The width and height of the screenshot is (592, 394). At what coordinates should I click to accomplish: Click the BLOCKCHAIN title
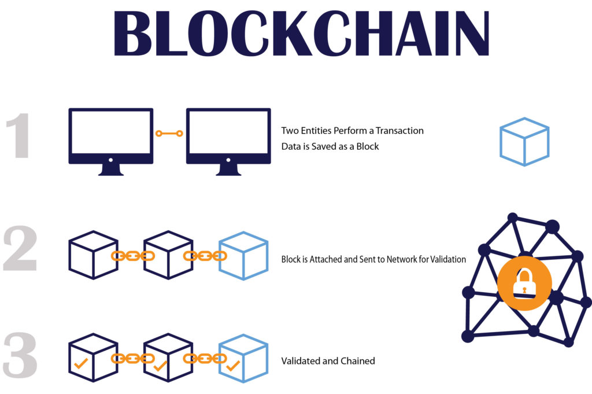301,33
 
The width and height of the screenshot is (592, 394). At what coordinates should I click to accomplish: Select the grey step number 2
20,248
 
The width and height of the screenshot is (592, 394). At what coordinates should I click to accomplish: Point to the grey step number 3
20,355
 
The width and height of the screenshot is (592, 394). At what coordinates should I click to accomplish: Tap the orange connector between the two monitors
169,133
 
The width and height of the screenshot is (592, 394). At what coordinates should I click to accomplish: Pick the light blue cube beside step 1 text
524,142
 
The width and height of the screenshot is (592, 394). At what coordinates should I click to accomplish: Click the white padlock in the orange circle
524,283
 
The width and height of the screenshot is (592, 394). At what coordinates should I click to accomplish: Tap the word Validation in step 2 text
448,260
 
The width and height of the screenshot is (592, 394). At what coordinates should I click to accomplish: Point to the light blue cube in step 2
243,256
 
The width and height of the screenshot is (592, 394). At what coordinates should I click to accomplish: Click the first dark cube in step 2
93,255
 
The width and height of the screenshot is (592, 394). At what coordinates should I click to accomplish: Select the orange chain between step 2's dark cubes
133,256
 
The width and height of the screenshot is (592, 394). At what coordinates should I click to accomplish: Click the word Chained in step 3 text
357,361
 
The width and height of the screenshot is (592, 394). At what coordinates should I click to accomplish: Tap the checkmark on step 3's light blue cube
233,366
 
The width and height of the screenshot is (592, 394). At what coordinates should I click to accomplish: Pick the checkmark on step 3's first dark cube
81,363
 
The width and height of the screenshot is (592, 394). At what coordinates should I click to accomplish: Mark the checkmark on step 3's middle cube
160,366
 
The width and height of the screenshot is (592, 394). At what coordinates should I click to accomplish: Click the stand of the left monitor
110,170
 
